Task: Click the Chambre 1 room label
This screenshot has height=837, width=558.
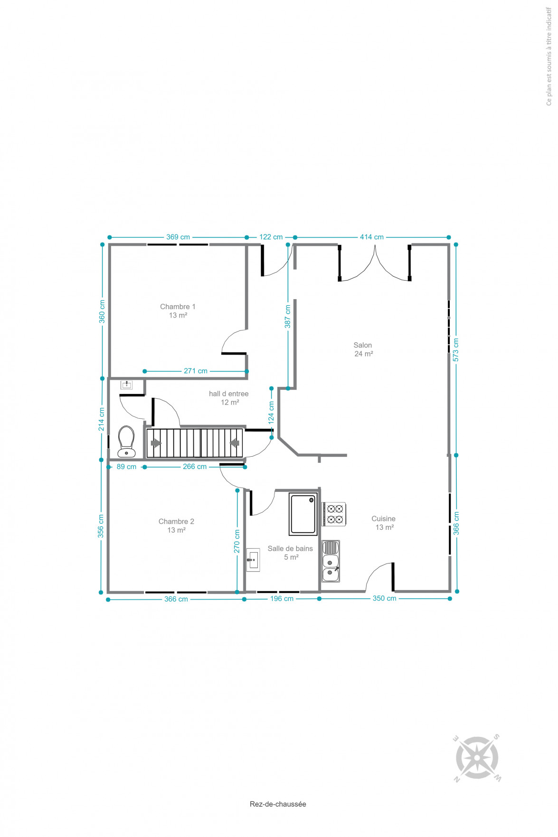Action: [x=178, y=311]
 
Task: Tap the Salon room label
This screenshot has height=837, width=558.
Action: [x=363, y=349]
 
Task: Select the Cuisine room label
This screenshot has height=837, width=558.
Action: [x=384, y=523]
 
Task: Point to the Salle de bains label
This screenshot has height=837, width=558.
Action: [x=290, y=553]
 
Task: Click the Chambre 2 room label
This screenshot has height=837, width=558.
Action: [x=176, y=526]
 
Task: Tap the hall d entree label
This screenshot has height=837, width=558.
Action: [x=229, y=398]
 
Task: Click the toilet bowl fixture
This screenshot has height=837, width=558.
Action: [x=126, y=441]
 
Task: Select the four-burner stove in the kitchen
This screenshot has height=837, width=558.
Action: [x=334, y=514]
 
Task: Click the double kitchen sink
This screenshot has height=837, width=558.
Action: [x=331, y=561]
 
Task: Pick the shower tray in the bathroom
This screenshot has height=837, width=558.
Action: [x=303, y=514]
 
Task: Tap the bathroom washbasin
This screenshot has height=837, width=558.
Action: [x=253, y=560]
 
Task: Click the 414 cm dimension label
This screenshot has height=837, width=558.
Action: [x=372, y=237]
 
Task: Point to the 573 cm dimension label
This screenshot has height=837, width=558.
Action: [x=456, y=350]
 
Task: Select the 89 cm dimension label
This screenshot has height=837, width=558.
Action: [x=126, y=467]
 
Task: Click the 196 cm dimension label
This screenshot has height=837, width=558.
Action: [x=282, y=599]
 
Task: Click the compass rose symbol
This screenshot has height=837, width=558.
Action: [x=477, y=758]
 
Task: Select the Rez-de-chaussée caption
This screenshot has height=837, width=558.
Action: [x=278, y=804]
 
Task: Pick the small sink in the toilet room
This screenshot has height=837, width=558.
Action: [x=126, y=385]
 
